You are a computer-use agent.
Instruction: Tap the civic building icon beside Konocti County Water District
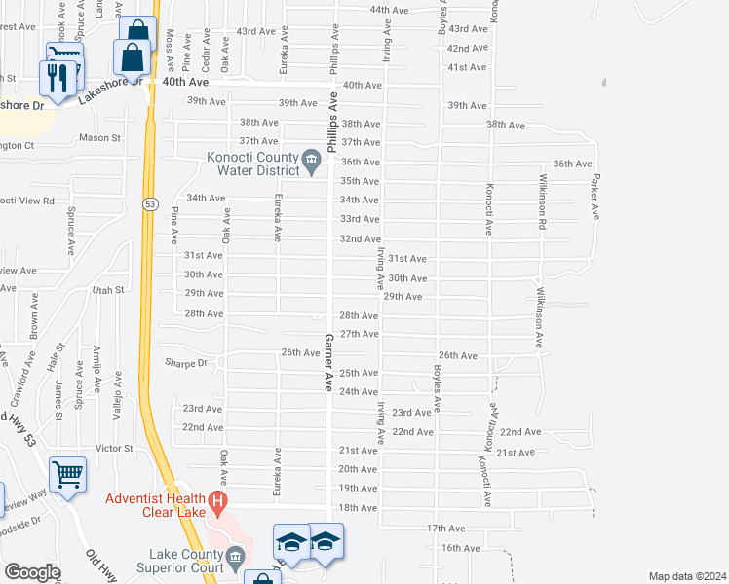pyautogui.click(x=312, y=159)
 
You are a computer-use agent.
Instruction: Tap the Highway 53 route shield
pyautogui.click(x=149, y=203)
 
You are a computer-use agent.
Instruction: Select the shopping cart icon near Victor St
pyautogui.click(x=67, y=476)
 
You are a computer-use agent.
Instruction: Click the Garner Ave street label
pyautogui.click(x=329, y=361)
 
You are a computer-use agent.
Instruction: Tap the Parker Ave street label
pyautogui.click(x=594, y=196)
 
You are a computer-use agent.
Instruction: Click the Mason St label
pyautogui.click(x=99, y=138)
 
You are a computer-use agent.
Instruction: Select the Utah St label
pyautogui.click(x=109, y=290)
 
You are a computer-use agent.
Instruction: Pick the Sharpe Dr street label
pyautogui.click(x=188, y=363)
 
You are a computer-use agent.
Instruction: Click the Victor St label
pyautogui.click(x=113, y=449)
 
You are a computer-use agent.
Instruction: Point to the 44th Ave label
pyautogui.click(x=388, y=10)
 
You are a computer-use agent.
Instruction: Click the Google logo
pyautogui.click(x=32, y=572)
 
